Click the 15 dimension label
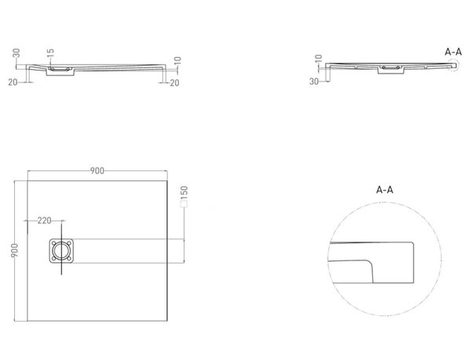pyautogui.click(x=51, y=53)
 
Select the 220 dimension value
pyautogui.click(x=45, y=221)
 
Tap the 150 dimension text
pyautogui.click(x=184, y=193)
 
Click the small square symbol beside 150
pyautogui.click(x=184, y=204)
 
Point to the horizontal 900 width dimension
pyautogui.click(x=97, y=171)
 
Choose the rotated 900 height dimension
pyautogui.click(x=14, y=250)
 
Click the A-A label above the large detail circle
pyautogui.click(x=385, y=190)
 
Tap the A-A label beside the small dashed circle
pyautogui.click(x=453, y=52)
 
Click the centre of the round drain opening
pyautogui.click(x=61, y=251)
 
